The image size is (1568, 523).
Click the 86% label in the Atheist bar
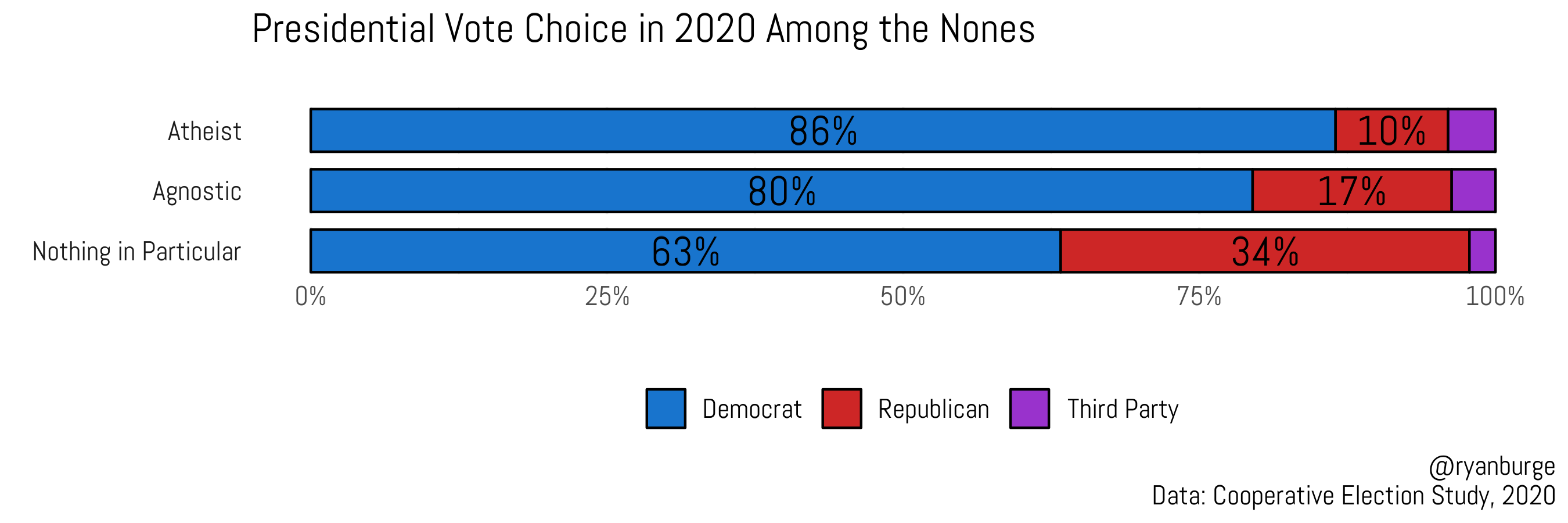coord(823,131)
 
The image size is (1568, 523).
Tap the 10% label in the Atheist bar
coord(1391,131)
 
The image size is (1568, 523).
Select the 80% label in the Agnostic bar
coord(782,191)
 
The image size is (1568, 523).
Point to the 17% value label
coord(1351,191)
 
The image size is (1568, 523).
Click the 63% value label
coord(685,252)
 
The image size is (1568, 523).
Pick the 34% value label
coord(1265,252)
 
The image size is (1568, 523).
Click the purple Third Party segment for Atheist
coord(1471,131)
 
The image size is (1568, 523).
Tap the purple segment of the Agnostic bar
coord(1473,191)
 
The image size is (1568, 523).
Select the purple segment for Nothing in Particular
coord(1482,252)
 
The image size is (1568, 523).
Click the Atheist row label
coord(204,131)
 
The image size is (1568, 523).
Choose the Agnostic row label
coord(197,191)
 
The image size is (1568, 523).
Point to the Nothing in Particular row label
coord(136,252)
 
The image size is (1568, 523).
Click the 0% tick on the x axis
coord(311,296)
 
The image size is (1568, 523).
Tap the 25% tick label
coord(607,296)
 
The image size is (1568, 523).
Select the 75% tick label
coord(1199,296)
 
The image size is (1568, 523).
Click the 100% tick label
coord(1495,296)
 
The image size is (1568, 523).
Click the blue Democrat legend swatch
coord(666,409)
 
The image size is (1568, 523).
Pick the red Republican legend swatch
coord(841,409)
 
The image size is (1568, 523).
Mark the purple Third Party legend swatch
coord(1029,409)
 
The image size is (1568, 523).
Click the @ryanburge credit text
coord(1491,467)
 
